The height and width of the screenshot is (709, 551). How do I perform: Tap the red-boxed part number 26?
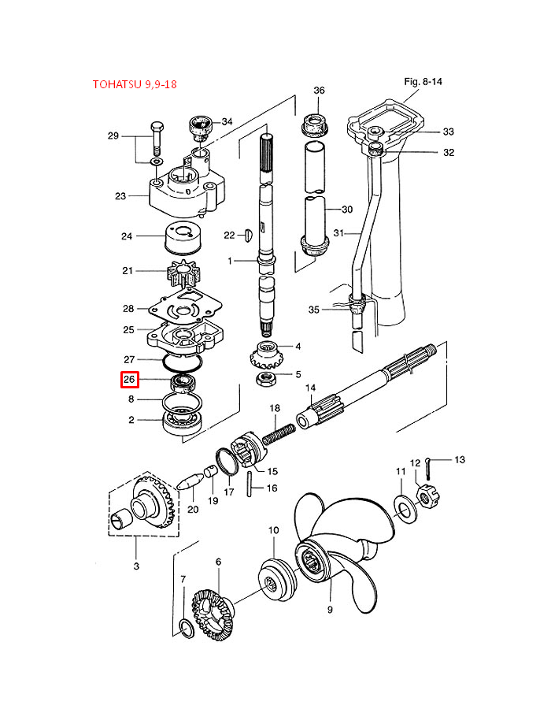130,380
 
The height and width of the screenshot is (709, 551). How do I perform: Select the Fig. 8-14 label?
424,81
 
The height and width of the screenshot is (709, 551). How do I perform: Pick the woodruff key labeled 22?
249,234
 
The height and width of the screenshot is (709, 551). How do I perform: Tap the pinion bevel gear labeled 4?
263,353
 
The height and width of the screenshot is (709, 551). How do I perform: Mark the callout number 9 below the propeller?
331,609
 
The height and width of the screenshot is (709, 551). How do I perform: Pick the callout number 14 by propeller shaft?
310,388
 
